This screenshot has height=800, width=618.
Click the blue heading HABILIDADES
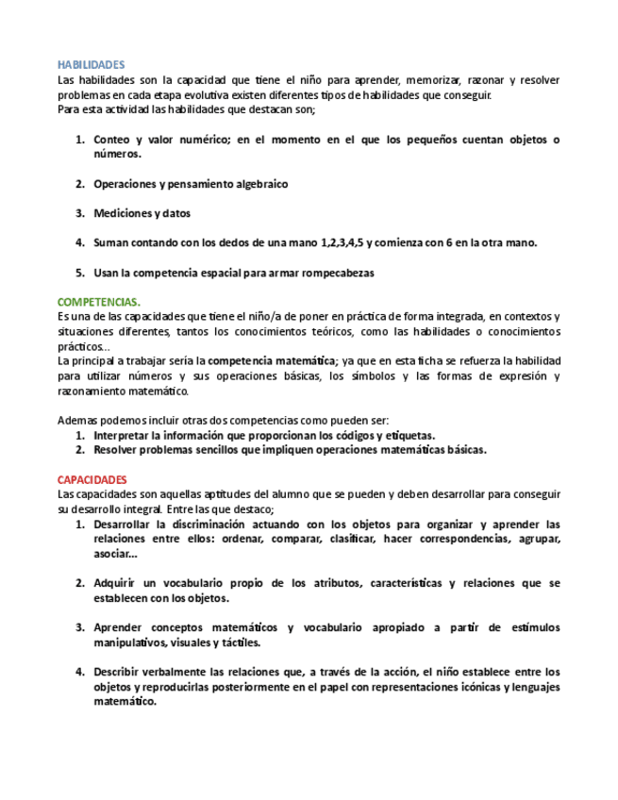(x=91, y=64)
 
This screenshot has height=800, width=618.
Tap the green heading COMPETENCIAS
(x=98, y=302)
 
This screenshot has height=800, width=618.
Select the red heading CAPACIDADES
(x=92, y=479)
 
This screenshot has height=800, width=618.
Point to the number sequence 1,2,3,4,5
(x=337, y=242)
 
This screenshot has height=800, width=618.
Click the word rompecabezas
(x=337, y=273)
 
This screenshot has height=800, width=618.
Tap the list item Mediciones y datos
(x=142, y=213)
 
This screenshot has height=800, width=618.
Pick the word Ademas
(x=76, y=420)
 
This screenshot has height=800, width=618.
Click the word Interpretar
(x=125, y=435)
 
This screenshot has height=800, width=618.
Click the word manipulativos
(x=129, y=642)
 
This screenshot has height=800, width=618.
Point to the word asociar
(x=114, y=554)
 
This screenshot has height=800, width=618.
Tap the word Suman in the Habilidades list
(x=111, y=242)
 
